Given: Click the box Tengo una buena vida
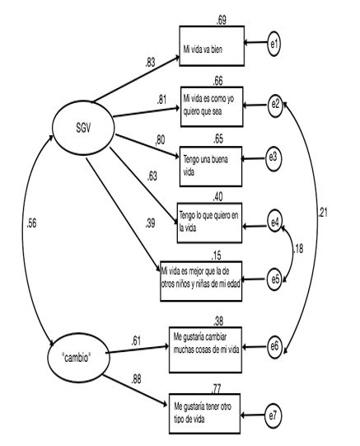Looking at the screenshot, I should [213, 167].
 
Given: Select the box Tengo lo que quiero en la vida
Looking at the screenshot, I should [213, 223].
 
